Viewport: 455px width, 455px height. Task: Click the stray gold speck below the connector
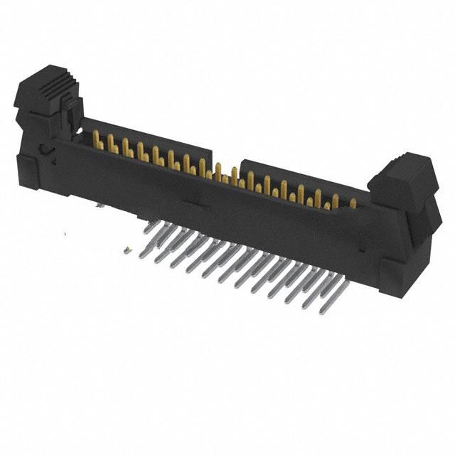[x=127, y=250]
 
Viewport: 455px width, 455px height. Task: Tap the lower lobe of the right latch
[x=427, y=220]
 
